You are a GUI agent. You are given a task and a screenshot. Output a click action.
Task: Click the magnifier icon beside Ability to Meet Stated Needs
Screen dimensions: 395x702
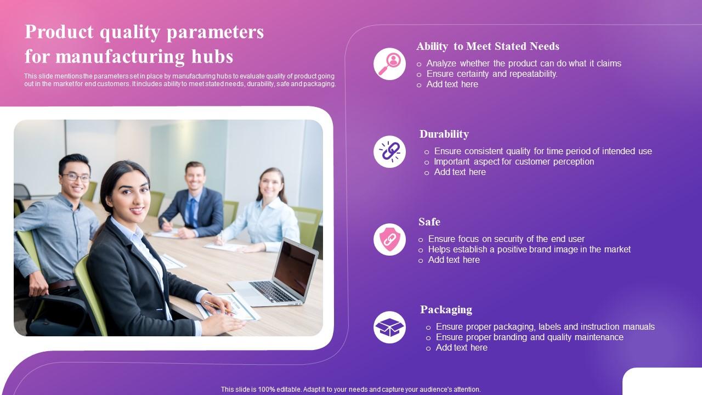pyautogui.click(x=389, y=64)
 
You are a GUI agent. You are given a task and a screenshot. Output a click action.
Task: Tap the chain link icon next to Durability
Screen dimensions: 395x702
pyautogui.click(x=389, y=151)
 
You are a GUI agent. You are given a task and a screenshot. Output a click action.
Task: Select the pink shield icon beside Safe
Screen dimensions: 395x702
pyautogui.click(x=389, y=239)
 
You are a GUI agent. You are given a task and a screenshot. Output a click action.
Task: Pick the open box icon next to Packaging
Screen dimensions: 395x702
pyautogui.click(x=389, y=328)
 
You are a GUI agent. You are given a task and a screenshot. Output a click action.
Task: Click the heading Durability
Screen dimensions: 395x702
pyautogui.click(x=444, y=134)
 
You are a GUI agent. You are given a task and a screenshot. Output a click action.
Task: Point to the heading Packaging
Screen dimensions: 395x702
pyautogui.click(x=446, y=309)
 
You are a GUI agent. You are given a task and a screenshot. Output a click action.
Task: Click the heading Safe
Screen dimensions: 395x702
pyautogui.click(x=429, y=222)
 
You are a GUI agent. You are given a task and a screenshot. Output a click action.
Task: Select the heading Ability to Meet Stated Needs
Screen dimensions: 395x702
pyautogui.click(x=488, y=46)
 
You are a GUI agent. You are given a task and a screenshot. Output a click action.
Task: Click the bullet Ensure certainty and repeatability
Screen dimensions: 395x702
pyautogui.click(x=491, y=74)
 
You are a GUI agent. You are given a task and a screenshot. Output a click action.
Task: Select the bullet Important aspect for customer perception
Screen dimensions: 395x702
pyautogui.click(x=513, y=161)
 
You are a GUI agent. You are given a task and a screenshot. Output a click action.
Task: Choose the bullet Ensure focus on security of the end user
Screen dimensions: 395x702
pyautogui.click(x=506, y=239)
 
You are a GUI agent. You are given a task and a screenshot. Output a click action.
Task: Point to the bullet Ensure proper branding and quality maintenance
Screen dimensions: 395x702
pyautogui.click(x=529, y=337)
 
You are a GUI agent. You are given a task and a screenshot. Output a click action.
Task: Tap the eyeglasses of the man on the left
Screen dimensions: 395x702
pyautogui.click(x=76, y=177)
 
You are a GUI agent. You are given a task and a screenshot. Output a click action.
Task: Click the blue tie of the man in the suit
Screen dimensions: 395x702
pyautogui.click(x=191, y=211)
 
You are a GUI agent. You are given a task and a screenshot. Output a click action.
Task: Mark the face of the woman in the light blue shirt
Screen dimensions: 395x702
pyautogui.click(x=271, y=185)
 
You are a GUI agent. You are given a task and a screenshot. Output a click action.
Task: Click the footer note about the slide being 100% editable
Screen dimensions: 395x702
pyautogui.click(x=350, y=389)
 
